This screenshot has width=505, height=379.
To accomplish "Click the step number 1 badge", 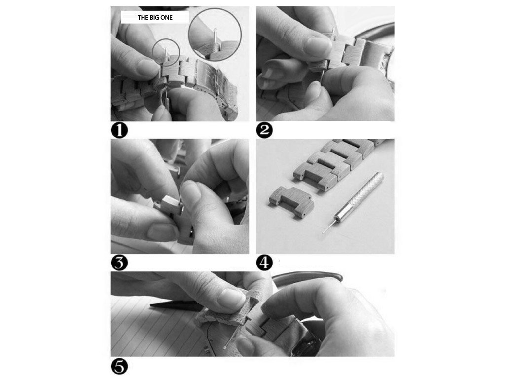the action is coord(119,130).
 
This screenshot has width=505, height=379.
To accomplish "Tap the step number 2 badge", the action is coord(264,130).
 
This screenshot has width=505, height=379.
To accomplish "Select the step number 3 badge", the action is coord(119,263).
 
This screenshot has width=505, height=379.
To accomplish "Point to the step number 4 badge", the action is coord(264,263).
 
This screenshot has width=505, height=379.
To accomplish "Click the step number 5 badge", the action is coord(119,367).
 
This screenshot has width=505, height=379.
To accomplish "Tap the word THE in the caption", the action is coord(143,18).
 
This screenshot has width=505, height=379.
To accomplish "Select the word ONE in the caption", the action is coord(167,18).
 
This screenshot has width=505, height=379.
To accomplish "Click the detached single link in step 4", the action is coord(291,201).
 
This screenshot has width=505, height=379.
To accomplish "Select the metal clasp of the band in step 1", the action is coord(213,77).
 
